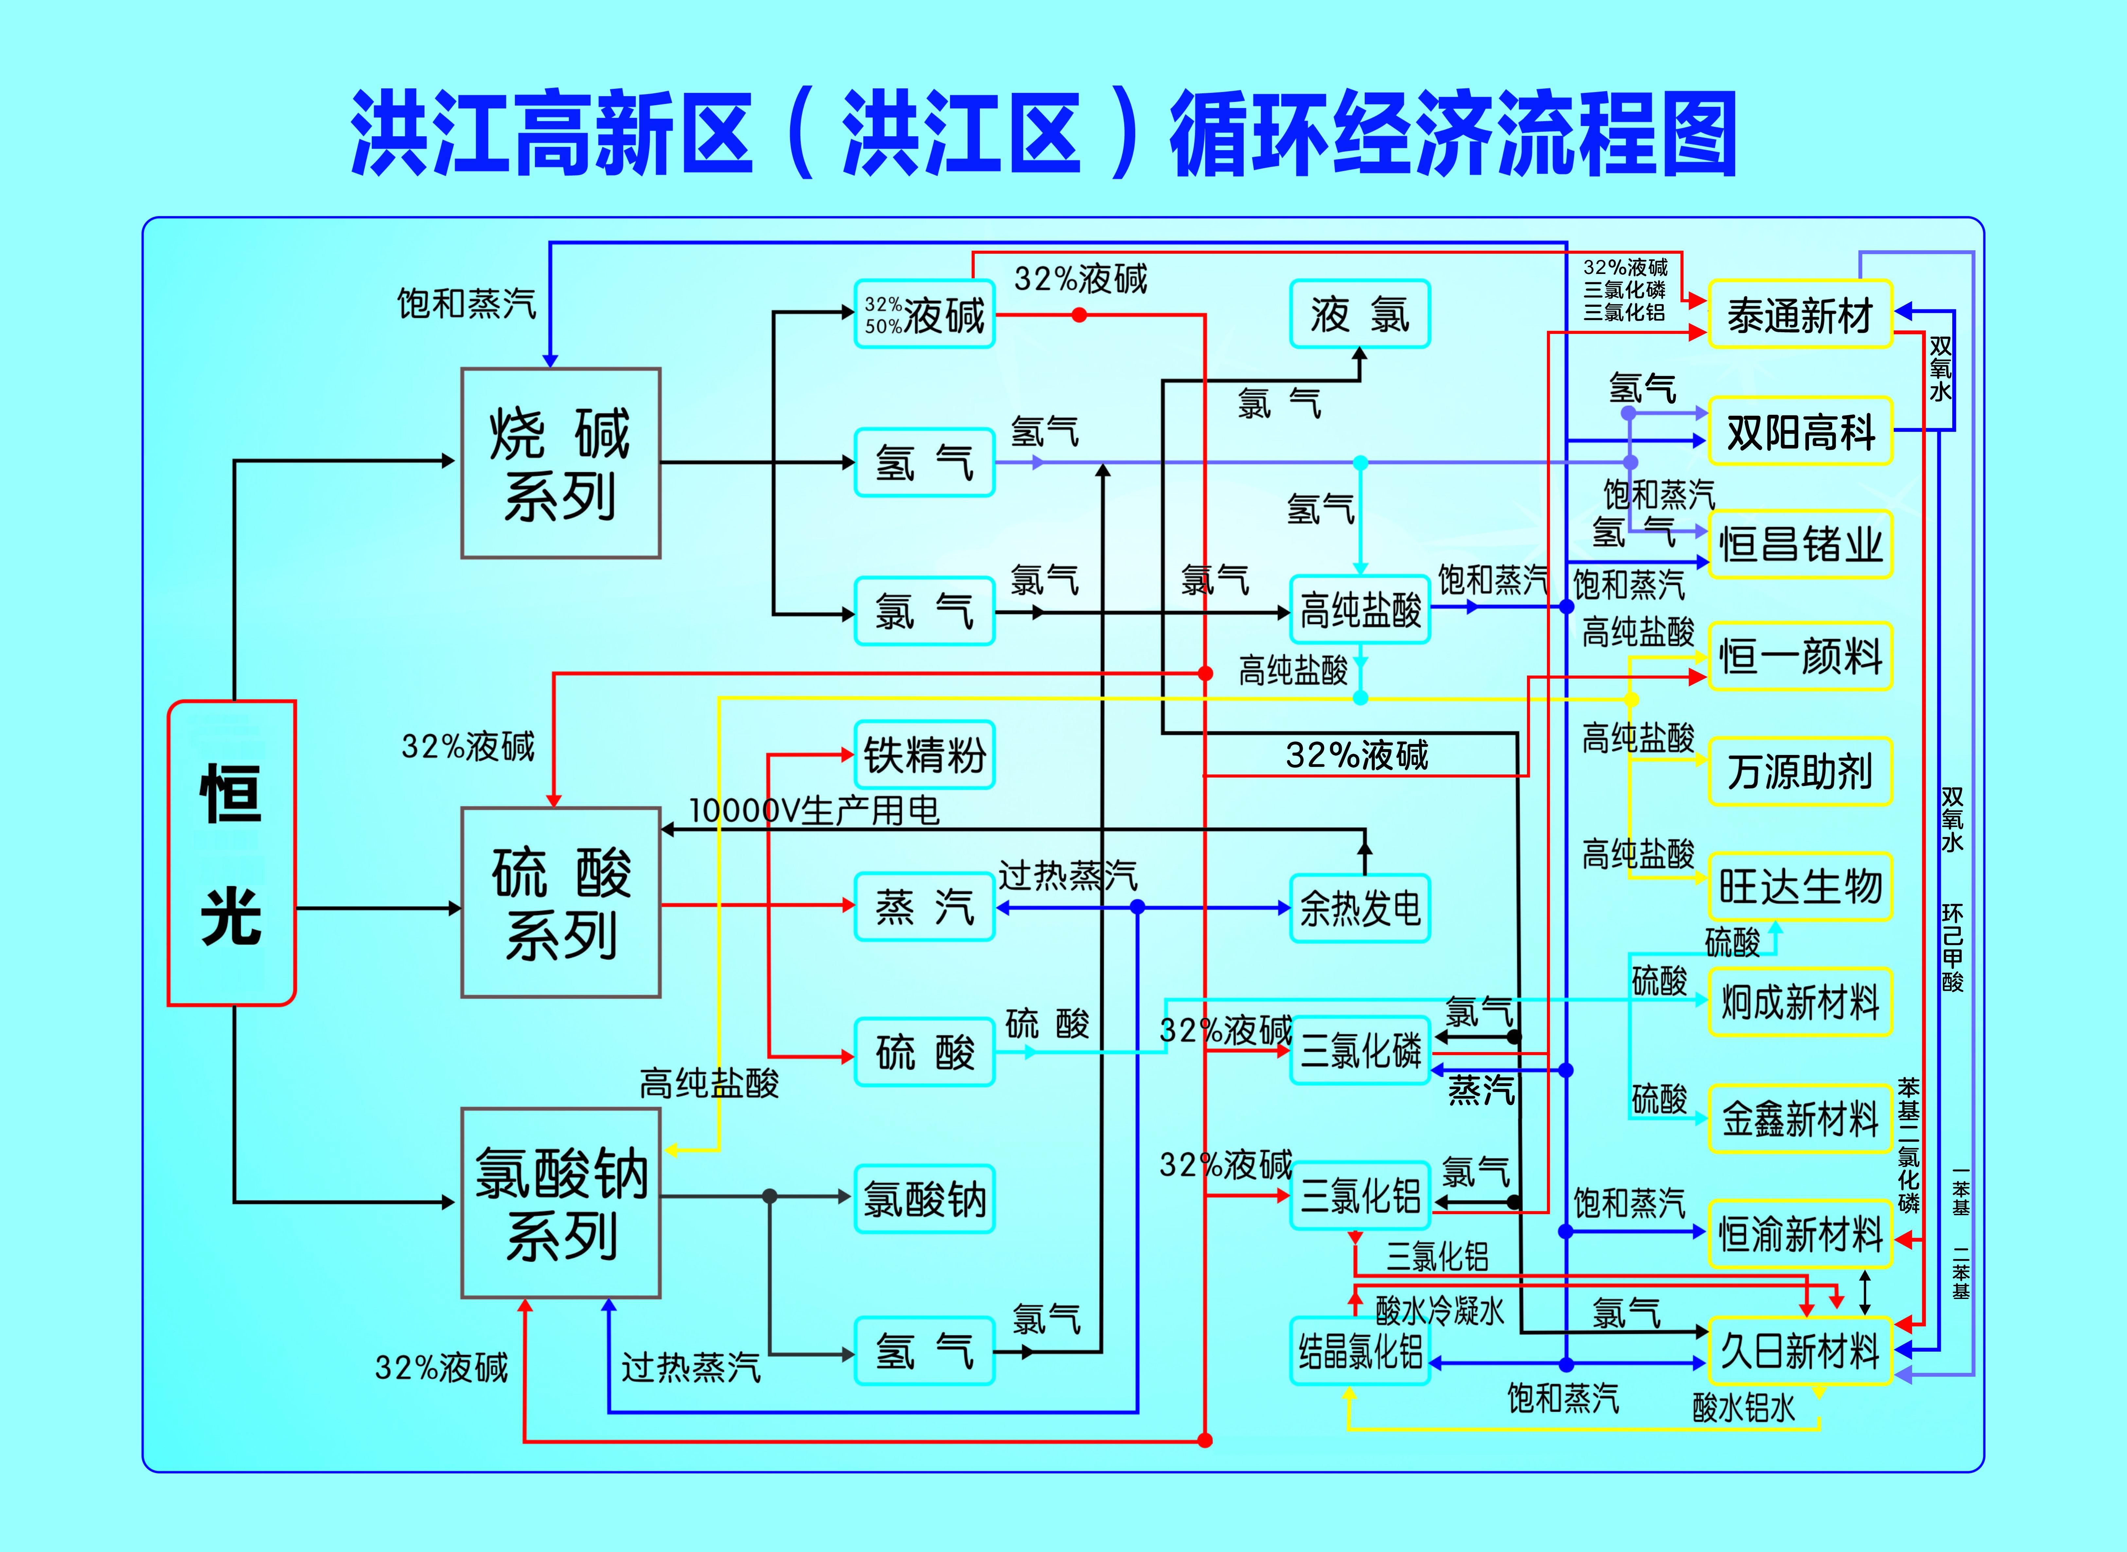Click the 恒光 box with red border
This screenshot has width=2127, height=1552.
(x=231, y=853)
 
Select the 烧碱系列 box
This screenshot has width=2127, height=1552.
(x=561, y=463)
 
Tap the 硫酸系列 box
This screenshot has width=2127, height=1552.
(x=561, y=902)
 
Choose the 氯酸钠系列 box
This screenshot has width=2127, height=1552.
(x=561, y=1202)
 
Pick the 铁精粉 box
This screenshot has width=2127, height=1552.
(x=924, y=754)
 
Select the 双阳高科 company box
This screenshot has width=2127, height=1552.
(x=1799, y=431)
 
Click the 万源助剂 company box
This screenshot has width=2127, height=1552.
(x=1799, y=771)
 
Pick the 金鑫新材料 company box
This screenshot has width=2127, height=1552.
(x=1799, y=1118)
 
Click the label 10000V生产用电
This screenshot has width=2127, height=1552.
(x=814, y=810)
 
